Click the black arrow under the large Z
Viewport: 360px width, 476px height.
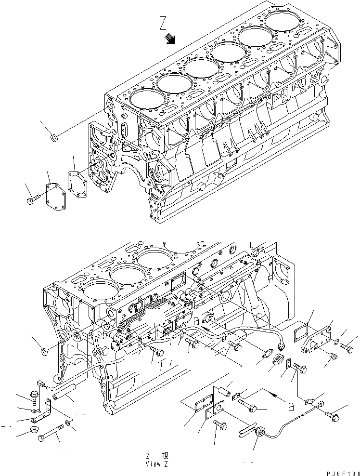point(170,39)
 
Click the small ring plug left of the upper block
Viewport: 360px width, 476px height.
point(54,139)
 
